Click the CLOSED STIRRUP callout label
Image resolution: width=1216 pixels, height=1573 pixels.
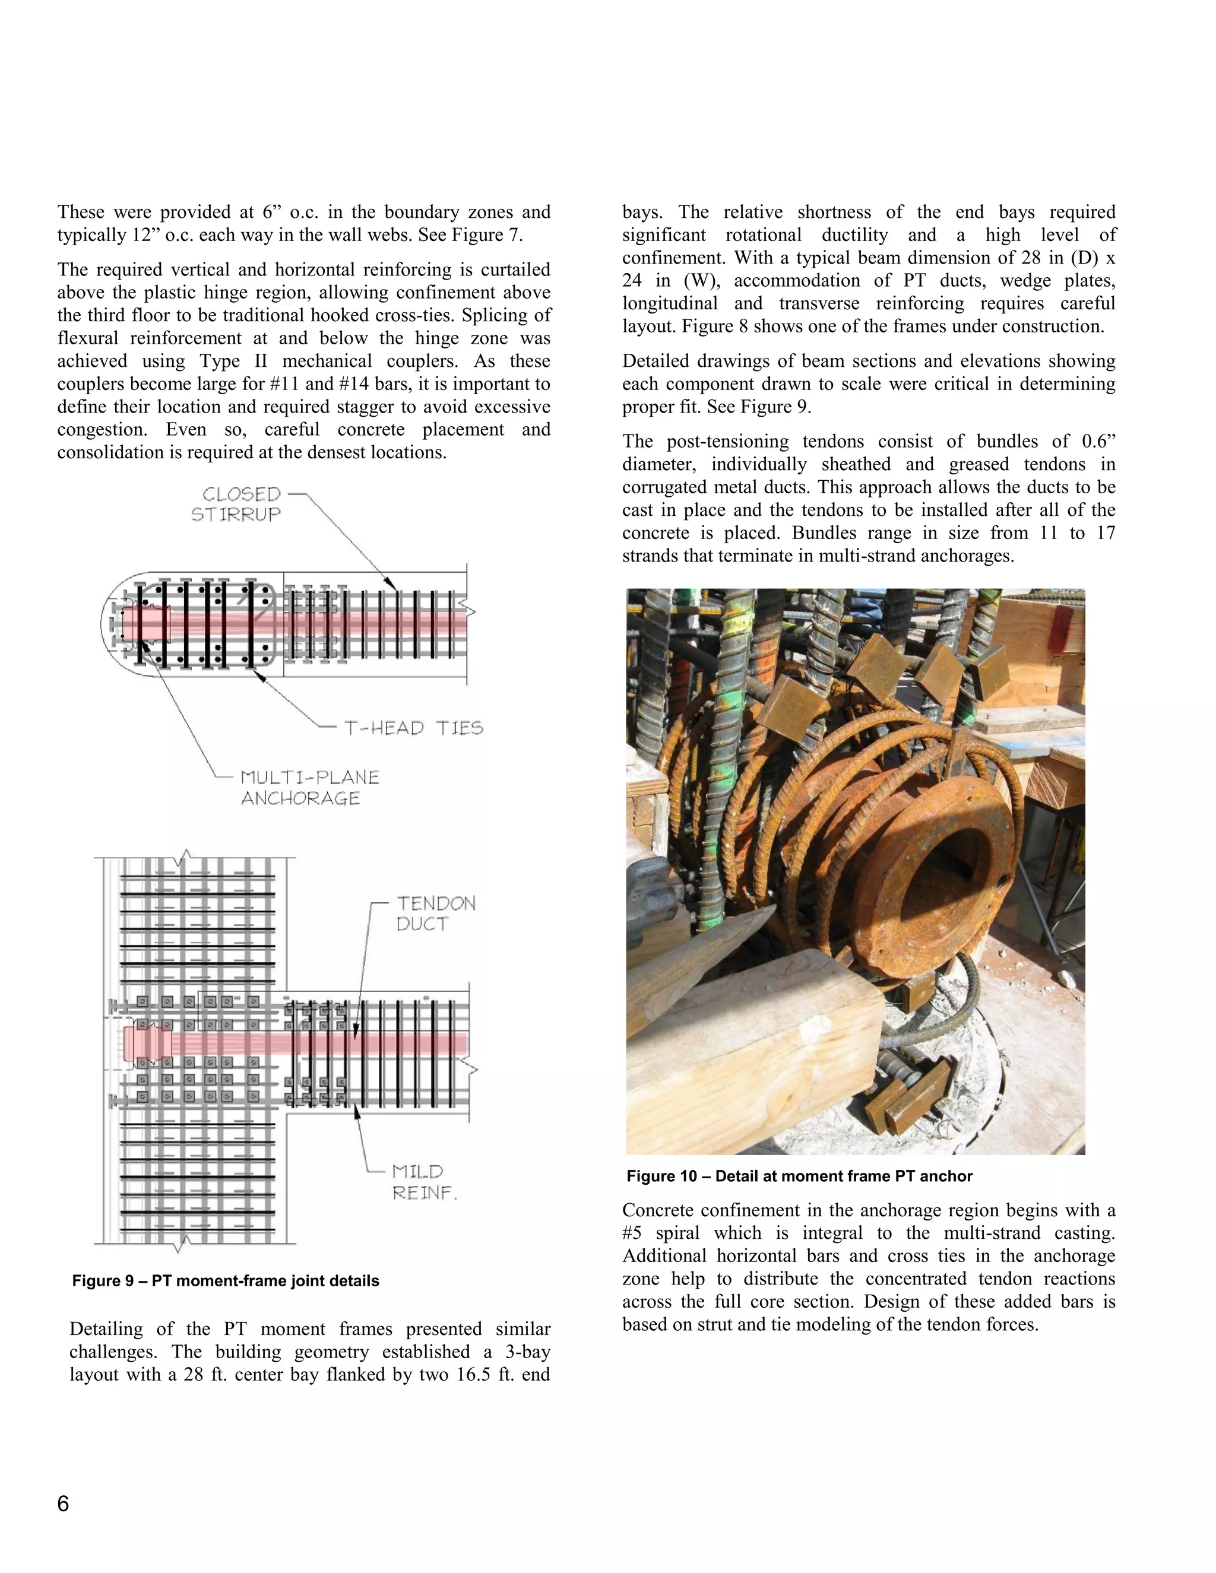coord(236,504)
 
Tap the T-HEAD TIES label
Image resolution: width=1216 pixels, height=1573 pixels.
coord(413,728)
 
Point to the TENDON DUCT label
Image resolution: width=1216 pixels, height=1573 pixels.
coord(436,914)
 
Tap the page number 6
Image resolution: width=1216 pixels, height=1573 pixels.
coord(64,1504)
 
